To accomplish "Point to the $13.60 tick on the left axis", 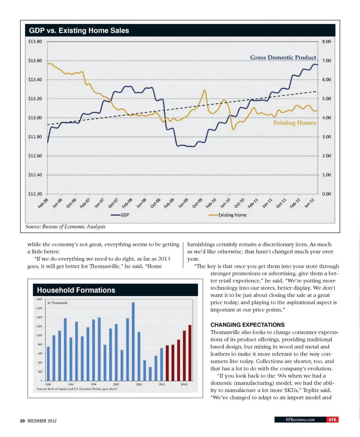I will pos(35,61).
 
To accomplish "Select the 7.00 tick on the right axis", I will pos(326,61).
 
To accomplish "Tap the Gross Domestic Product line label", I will pos(283,57).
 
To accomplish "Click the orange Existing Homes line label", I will pos(295,123).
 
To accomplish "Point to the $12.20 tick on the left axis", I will pos(35,194).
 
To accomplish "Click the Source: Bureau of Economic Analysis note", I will pos(65,227).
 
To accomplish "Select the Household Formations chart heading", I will pos(76,290).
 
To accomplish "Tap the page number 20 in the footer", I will pos(22,421).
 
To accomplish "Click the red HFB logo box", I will pos(332,420).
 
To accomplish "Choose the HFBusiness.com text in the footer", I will pos(300,420).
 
